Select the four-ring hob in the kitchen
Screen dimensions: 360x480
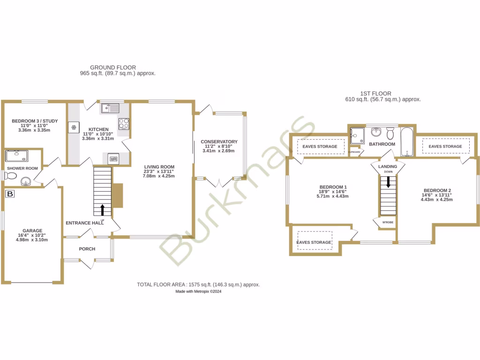point(124,123)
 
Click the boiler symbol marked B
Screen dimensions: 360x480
point(9,194)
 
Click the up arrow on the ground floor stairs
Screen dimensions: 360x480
point(103,209)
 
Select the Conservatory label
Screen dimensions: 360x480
point(219,142)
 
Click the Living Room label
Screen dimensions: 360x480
point(159,167)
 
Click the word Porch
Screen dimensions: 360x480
point(87,249)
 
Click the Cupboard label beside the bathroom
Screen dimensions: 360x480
point(354,152)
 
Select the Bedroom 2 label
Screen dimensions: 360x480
point(437,190)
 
